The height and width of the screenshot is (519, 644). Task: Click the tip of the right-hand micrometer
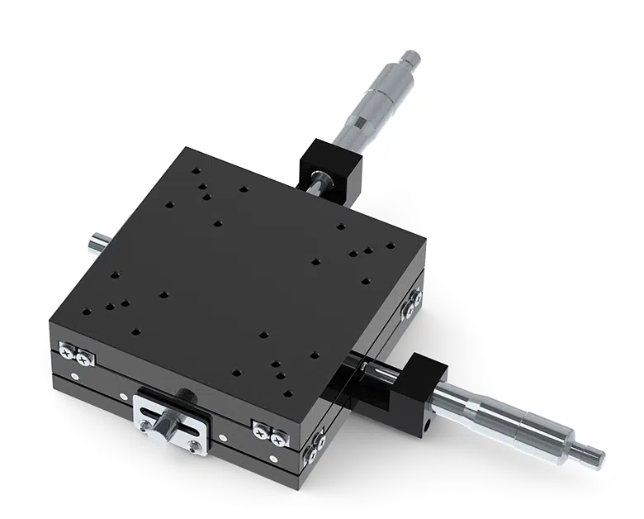[x=596, y=454]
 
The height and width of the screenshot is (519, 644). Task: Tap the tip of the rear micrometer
[x=411, y=56]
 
